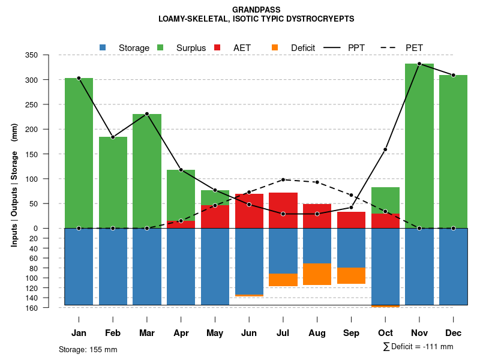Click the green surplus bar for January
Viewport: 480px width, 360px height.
coord(79,153)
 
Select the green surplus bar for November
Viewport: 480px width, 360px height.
coord(419,146)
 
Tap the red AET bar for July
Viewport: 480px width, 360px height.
coord(283,210)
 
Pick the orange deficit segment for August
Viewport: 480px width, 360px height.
coord(317,274)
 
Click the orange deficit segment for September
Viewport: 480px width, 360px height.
coord(351,275)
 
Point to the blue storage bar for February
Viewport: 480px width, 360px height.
coord(113,266)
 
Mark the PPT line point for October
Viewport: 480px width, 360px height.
coord(385,149)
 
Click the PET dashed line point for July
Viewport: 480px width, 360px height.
coord(283,179)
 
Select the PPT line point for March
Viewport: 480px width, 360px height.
coord(147,114)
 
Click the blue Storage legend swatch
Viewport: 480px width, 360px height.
coord(103,47)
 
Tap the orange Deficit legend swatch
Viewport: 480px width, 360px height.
coord(275,47)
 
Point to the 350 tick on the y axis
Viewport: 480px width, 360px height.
coord(48,55)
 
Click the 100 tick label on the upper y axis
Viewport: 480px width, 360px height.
coord(48,179)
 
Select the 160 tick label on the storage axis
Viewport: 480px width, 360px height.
coord(49,308)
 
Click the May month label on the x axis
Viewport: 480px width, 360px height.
coord(215,333)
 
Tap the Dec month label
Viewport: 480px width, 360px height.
coord(453,333)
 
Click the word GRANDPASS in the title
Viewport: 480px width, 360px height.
coord(256,10)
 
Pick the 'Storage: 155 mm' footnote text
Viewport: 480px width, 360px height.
coord(88,349)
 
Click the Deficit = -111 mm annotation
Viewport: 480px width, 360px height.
coord(418,347)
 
